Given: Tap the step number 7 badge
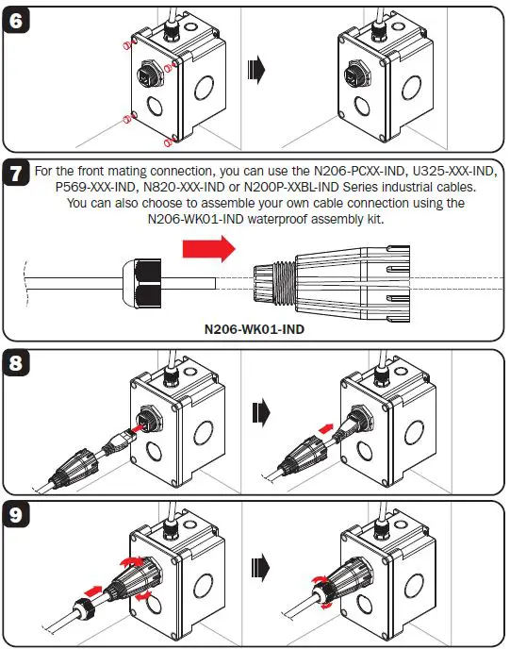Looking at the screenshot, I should [x=20, y=175].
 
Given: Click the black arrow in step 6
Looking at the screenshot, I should [x=256, y=69].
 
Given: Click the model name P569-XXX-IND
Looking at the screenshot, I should [x=102, y=188].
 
